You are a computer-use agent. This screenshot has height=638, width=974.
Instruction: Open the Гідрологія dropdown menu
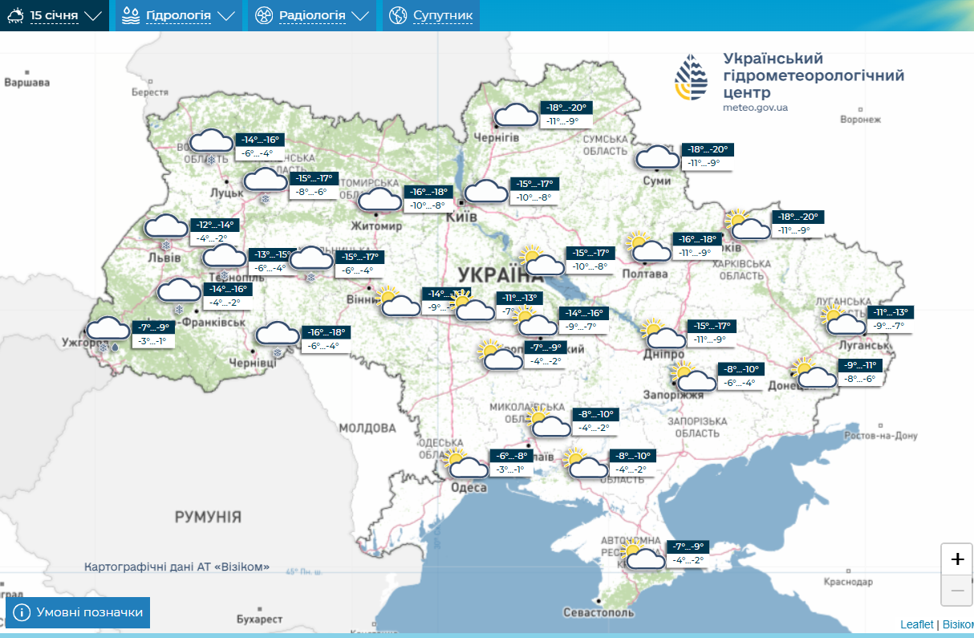[179, 15]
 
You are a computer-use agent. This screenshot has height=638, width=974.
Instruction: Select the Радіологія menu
[312, 15]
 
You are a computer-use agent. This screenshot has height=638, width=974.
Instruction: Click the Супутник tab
[432, 15]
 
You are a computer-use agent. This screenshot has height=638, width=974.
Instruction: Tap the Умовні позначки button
[78, 613]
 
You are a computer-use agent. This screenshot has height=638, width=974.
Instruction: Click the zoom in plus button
[956, 559]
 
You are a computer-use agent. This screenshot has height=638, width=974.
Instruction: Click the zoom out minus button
[956, 591]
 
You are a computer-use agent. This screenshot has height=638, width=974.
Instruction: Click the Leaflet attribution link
[916, 624]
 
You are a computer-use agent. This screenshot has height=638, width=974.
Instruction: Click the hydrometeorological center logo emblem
[692, 79]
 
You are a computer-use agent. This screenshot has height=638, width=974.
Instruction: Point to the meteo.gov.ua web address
[755, 108]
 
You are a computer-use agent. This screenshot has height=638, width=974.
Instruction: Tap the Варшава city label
[26, 83]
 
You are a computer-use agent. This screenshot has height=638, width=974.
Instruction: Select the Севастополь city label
[599, 612]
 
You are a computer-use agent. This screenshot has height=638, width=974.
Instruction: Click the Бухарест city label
[260, 620]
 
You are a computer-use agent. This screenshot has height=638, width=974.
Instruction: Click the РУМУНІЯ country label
[208, 516]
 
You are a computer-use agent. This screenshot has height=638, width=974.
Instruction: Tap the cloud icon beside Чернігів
[516, 116]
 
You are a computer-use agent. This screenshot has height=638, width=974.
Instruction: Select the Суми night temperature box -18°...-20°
[706, 149]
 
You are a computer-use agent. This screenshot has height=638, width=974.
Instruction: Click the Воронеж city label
[860, 120]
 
